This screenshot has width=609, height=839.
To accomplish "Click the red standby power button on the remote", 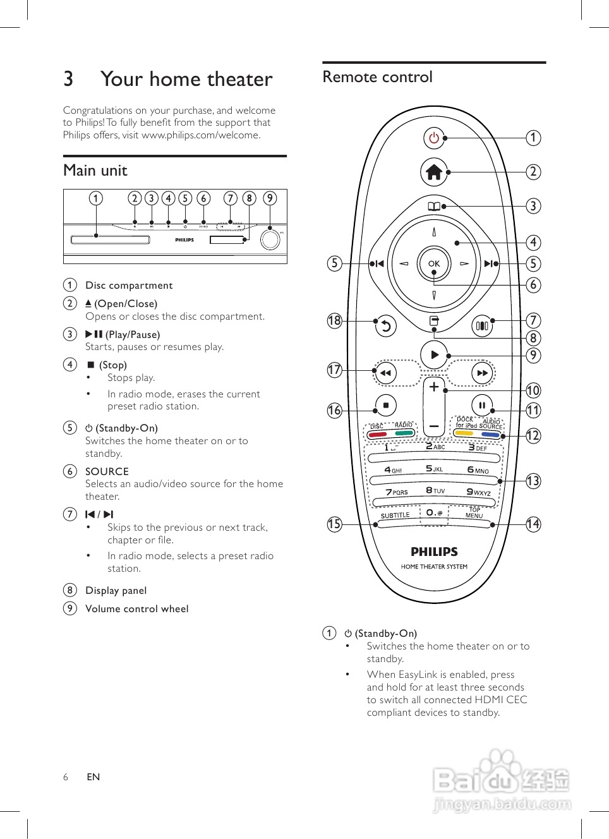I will point(434,138).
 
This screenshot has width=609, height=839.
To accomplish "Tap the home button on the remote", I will point(434,172).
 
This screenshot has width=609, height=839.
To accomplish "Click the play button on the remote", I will point(434,355).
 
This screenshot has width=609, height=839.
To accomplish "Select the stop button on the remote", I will point(385,405).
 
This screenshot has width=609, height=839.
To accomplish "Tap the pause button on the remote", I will point(482,405).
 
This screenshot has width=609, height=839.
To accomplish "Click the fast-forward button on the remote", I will point(482,373).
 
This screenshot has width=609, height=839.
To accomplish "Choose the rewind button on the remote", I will point(385,373).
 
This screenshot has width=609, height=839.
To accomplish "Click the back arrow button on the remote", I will point(385,326).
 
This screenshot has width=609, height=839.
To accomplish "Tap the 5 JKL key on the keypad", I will point(434,469).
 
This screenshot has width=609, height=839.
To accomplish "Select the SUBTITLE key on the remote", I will point(395,516).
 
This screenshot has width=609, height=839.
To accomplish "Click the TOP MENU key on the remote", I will point(474,513).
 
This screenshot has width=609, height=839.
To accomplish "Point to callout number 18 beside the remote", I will point(334,321).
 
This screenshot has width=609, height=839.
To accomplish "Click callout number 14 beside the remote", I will point(533,524).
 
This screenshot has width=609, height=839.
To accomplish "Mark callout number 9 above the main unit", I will point(270,198).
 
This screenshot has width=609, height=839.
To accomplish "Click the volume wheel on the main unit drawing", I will point(270,240).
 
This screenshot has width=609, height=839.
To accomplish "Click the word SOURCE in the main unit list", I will point(107,471).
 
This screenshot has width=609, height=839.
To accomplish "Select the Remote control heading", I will point(377,77).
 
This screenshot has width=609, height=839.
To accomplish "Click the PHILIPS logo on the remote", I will point(434,552).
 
